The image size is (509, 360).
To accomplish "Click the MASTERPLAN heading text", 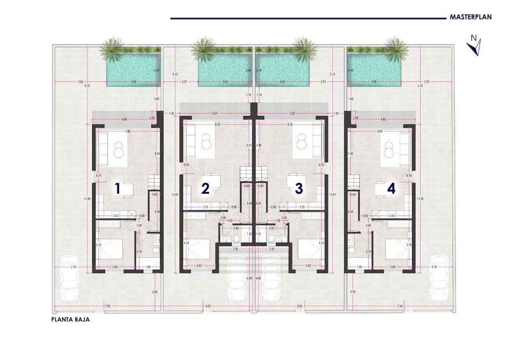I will click(470, 17).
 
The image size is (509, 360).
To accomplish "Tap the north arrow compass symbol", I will click(474, 46).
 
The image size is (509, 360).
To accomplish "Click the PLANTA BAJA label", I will click(70, 320).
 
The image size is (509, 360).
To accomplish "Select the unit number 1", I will click(117, 189).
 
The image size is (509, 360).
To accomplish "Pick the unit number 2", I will click(205, 188).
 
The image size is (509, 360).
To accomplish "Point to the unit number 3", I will click(299, 188).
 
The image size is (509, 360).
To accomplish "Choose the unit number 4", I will click(391, 188).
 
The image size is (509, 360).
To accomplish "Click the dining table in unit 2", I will click(211, 182).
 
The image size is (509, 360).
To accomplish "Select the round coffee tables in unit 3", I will click(302, 142).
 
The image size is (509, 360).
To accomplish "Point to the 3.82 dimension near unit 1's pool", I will click(81, 82).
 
